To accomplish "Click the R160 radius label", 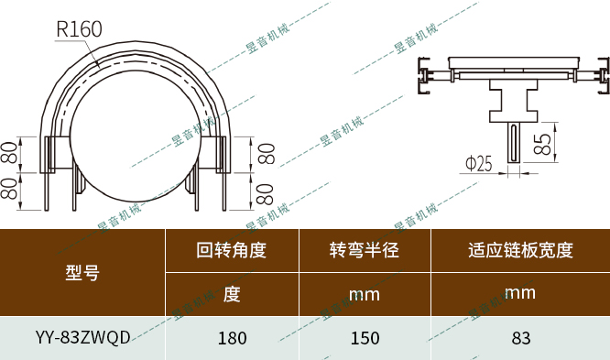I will pos(79,29).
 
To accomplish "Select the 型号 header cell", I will pos(82,271).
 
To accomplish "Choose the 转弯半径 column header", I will pos(365,250).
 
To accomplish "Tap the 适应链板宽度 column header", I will pos(520,250).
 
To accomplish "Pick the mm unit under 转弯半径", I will pos(365,295).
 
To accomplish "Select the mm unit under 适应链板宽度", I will pos(520,293).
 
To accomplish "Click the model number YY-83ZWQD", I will pos(82,337).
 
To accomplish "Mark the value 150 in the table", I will pos(365,338).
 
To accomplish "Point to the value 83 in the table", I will pos(520,338).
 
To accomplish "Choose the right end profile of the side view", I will pos(600,78).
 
